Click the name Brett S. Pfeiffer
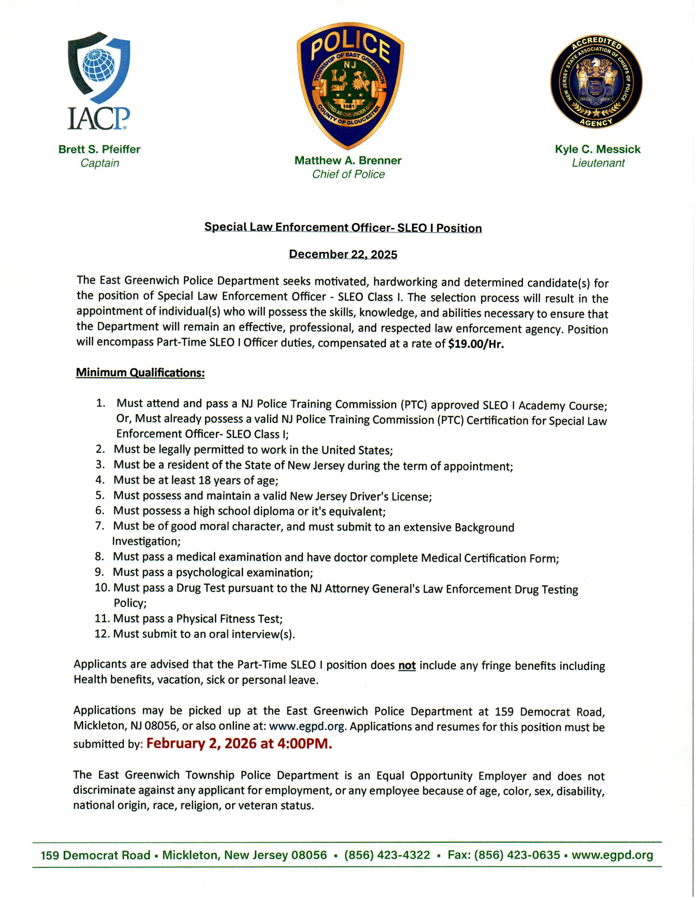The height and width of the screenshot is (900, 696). (x=99, y=149)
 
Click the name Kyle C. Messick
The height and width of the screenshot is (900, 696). (x=597, y=149)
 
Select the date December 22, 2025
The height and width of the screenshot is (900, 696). (x=343, y=254)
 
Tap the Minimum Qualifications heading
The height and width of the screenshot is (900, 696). (x=140, y=373)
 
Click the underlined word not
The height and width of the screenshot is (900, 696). (x=407, y=665)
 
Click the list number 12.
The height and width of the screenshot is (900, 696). (x=102, y=634)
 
